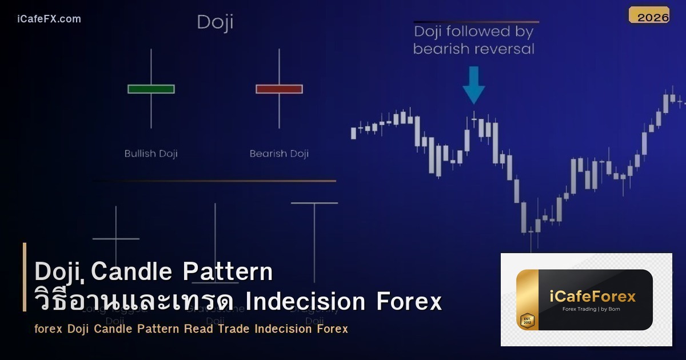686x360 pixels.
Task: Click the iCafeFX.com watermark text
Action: tap(49, 19)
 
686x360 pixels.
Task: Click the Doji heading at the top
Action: tap(215, 23)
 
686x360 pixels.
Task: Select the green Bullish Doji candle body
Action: tap(151, 89)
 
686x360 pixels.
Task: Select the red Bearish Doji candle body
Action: tap(279, 89)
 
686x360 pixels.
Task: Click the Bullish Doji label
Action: tap(151, 154)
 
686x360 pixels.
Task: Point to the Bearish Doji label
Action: tap(279, 154)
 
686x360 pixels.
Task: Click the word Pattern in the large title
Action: tap(228, 272)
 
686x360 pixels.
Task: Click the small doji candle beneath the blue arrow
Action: tap(474, 119)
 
